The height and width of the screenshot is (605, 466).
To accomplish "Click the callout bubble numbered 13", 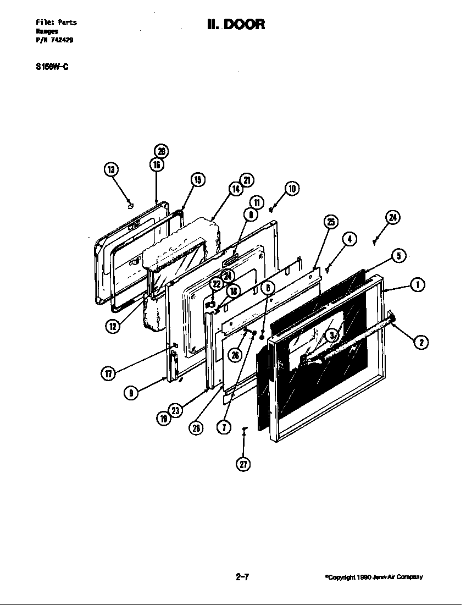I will pos(111,169).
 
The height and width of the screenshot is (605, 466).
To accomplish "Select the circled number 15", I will pos(197,179).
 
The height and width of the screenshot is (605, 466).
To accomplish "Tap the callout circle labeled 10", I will pos(291,189).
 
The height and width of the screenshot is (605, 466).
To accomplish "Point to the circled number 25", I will pos(330,222).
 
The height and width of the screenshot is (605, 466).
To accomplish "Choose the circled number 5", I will pos(398,255).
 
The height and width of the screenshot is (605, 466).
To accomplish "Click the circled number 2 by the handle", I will pos(421,342).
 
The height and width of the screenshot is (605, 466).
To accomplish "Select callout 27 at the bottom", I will pos(243,464).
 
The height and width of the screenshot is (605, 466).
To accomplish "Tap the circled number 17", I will pos(108,373).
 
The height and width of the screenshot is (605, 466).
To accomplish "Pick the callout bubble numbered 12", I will pos(113,326).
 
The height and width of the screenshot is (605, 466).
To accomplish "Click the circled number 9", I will pos(130,393).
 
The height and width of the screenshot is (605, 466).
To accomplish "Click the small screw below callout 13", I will pos(130,206).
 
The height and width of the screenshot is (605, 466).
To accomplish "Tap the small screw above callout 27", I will pos(245,429).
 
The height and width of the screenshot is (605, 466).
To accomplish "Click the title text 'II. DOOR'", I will pos(236,24).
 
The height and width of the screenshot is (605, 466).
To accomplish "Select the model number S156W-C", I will pos(52,67).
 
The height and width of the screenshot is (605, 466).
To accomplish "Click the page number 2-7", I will pos(243,576).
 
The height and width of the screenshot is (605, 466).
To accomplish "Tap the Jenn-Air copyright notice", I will pos(374,577).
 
